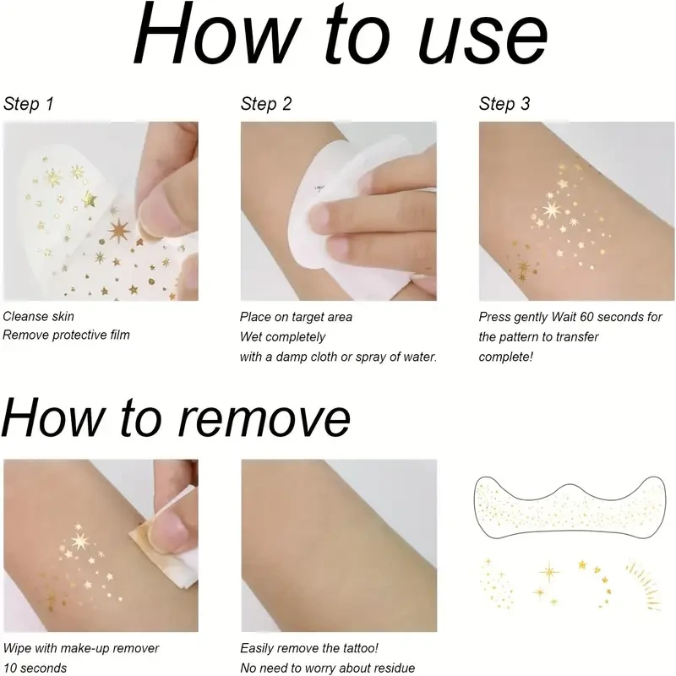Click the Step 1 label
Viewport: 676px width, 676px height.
point(29,105)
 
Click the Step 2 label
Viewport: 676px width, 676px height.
point(266,105)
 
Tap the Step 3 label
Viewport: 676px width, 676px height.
point(504,105)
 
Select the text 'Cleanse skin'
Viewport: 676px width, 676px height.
point(38,317)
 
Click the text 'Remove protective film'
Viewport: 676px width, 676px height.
point(66,335)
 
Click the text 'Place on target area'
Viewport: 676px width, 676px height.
point(296,317)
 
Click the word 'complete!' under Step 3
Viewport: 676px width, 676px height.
point(506,356)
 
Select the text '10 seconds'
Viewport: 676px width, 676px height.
point(35,668)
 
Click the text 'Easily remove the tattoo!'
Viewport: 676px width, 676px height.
point(308,649)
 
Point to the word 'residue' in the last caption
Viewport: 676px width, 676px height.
point(392,668)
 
